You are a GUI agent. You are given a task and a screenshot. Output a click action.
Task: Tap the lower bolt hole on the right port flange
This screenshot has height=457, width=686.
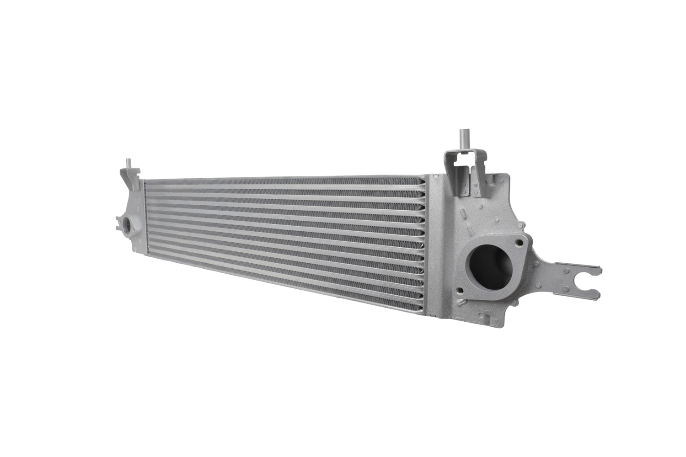[x=460, y=291]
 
